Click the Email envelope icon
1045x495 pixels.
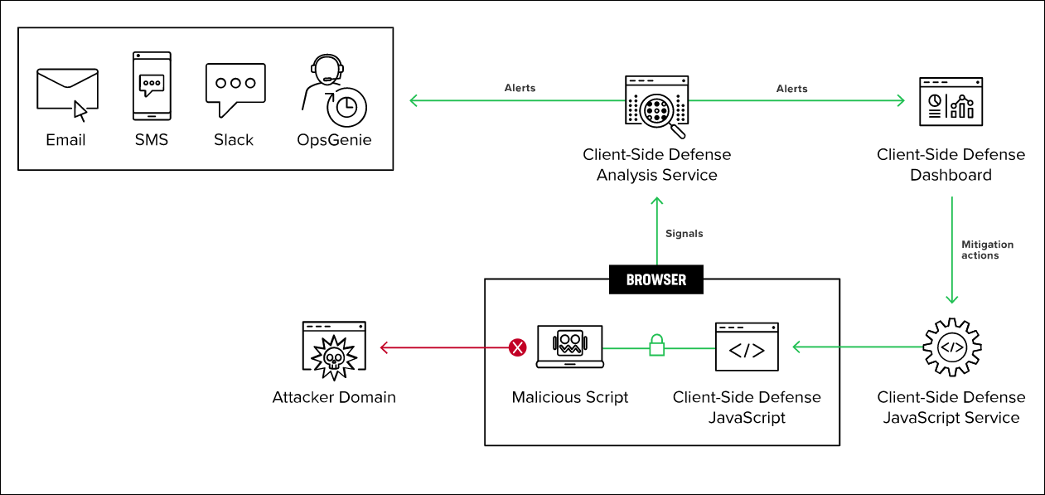tap(67, 90)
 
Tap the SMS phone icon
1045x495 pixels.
tap(152, 86)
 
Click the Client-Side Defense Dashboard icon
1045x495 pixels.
tap(951, 101)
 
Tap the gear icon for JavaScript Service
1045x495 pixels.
tap(951, 347)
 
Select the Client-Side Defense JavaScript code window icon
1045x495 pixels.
tap(747, 347)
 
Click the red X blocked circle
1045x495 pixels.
tap(518, 347)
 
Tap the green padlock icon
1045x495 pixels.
tap(656, 344)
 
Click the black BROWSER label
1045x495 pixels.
tap(656, 279)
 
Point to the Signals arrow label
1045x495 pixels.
tap(684, 234)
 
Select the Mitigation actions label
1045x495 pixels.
tap(987, 250)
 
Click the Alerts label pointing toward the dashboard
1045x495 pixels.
tap(791, 88)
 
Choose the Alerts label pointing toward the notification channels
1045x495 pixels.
tap(520, 88)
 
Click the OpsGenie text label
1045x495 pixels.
tap(334, 139)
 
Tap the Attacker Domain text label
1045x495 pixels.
tap(334, 397)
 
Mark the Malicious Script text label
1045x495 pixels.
tap(570, 397)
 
